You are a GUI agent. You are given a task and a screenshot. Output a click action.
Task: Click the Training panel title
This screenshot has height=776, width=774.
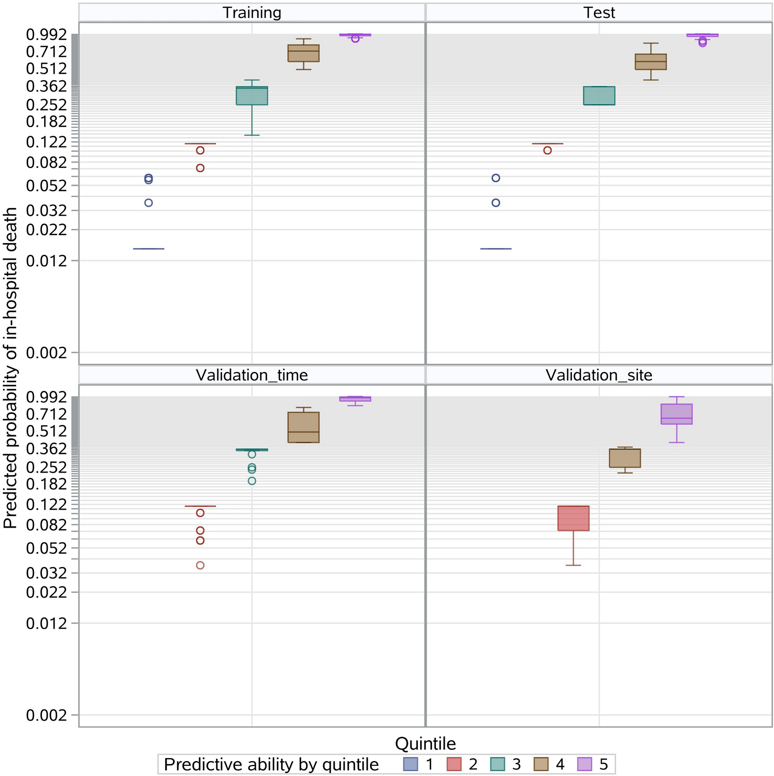pyautogui.click(x=252, y=13)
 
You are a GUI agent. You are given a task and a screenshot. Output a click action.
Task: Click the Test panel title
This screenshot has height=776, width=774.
pyautogui.click(x=599, y=13)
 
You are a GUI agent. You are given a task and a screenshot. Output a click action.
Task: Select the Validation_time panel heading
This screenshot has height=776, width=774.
pyautogui.click(x=252, y=375)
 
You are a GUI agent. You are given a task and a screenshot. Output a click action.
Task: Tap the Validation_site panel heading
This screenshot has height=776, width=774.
pyautogui.click(x=599, y=375)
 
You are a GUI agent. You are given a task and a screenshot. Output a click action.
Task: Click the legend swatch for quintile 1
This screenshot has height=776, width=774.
pyautogui.click(x=411, y=764)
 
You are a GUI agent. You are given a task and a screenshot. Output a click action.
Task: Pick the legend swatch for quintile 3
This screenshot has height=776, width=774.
pyautogui.click(x=498, y=764)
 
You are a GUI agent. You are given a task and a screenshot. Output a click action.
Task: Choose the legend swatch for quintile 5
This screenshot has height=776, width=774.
pyautogui.click(x=585, y=764)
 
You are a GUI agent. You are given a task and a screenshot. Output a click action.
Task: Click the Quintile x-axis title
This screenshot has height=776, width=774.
pyautogui.click(x=425, y=743)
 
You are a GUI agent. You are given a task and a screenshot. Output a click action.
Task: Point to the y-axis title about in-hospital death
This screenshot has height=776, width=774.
pyautogui.click(x=10, y=367)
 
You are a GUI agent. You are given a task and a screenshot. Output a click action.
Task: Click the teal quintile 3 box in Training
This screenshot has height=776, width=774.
pyautogui.click(x=252, y=96)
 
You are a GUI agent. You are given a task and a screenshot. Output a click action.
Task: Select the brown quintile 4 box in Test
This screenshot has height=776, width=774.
pyautogui.click(x=650, y=62)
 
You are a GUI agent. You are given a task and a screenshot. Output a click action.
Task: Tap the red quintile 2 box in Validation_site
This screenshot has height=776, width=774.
pyautogui.click(x=573, y=518)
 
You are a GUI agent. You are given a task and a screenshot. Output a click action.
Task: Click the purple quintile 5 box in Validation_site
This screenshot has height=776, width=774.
pyautogui.click(x=676, y=414)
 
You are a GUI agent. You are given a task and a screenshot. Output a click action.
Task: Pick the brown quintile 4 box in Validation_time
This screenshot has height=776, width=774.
pyautogui.click(x=303, y=427)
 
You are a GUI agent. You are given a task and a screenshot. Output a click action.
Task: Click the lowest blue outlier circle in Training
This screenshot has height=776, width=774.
pyautogui.click(x=149, y=203)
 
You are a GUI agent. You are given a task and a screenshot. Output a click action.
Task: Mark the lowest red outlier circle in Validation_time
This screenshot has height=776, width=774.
pyautogui.click(x=200, y=565)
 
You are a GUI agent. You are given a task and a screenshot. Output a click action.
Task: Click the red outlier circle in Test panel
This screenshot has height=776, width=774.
pyautogui.click(x=547, y=150)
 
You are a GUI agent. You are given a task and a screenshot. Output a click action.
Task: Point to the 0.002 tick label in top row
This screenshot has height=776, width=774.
pyautogui.click(x=46, y=352)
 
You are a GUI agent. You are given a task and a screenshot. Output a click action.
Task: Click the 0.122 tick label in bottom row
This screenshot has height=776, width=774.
pyautogui.click(x=46, y=505)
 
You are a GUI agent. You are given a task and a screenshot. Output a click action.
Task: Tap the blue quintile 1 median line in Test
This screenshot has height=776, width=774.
pyautogui.click(x=495, y=249)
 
